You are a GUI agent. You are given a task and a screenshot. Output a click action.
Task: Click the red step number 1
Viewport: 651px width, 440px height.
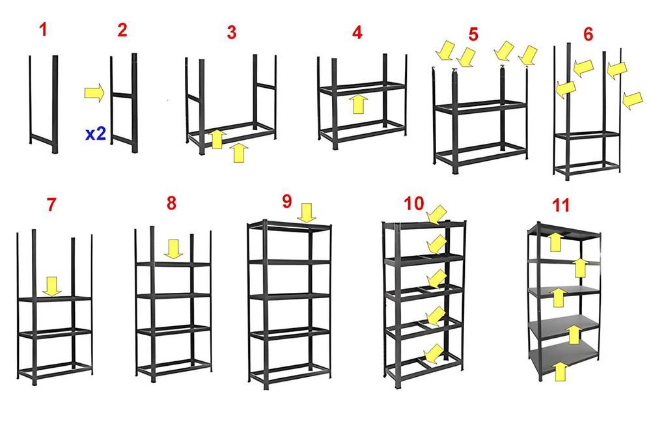(43, 29)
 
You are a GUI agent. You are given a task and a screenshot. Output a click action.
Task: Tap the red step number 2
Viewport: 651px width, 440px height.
(122, 30)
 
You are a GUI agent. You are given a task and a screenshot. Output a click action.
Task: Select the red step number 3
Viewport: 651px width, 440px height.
(232, 33)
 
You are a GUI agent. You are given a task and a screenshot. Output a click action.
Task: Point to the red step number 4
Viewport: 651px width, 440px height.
(357, 33)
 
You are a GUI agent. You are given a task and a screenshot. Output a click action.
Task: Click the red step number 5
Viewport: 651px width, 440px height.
(473, 34)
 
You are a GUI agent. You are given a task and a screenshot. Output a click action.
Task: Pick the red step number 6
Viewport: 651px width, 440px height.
(589, 34)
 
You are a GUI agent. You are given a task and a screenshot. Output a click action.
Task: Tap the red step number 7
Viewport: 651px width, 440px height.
(51, 204)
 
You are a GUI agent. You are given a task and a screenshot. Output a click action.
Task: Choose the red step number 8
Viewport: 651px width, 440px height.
(171, 203)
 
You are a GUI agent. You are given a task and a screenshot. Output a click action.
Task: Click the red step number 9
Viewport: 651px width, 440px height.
(287, 201)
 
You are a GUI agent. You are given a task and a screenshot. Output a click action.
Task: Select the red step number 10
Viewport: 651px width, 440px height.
(414, 203)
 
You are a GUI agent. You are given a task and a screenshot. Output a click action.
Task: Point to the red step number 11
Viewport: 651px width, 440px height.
(561, 205)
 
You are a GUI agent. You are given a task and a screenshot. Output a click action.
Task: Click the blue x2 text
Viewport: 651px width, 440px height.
(96, 134)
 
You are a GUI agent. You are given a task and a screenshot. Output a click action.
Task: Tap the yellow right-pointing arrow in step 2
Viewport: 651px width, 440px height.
(94, 92)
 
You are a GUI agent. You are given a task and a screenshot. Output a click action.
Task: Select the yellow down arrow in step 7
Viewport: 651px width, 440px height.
(52, 287)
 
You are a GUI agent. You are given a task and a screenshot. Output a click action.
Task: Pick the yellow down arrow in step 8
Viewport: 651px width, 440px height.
(173, 249)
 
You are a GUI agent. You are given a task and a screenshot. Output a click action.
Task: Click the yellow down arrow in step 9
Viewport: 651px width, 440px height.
(307, 213)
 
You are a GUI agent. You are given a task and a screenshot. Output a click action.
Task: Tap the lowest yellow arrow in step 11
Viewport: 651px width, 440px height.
(560, 371)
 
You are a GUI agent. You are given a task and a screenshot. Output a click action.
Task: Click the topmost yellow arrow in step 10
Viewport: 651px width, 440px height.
(437, 215)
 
